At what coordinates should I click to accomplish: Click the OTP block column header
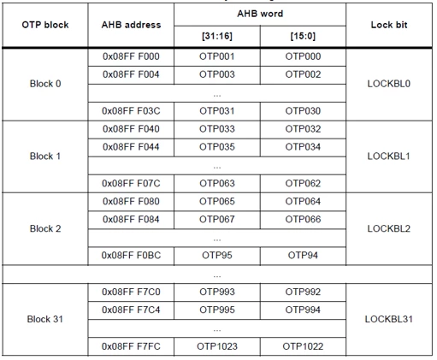point(45,25)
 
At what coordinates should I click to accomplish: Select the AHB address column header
point(131,25)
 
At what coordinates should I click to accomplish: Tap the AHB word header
point(260,14)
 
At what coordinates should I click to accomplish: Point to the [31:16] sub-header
point(217,36)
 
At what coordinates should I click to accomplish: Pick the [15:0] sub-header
point(303,36)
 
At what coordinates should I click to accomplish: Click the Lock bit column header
point(389,25)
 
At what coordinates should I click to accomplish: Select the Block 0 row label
point(45,84)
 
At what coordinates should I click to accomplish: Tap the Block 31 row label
point(45,319)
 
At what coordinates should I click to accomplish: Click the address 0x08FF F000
point(131,56)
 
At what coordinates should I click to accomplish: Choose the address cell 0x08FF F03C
point(131,111)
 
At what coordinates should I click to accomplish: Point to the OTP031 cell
point(217,111)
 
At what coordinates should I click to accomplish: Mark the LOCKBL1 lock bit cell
point(389,156)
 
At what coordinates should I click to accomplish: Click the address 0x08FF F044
point(131,147)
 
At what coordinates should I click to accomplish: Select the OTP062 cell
point(303,183)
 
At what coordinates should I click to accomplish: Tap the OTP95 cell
point(217,255)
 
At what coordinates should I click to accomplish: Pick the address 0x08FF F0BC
point(131,255)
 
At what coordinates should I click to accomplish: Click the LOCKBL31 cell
point(389,319)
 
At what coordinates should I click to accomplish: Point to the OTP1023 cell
point(217,346)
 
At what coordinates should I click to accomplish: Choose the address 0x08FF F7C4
point(131,310)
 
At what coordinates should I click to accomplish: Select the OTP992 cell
point(303,292)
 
